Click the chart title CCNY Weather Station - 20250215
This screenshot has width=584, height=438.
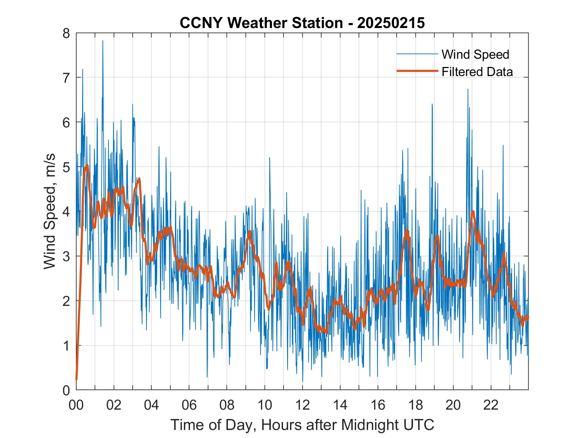[x=302, y=23]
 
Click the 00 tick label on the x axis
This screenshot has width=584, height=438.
[x=76, y=405]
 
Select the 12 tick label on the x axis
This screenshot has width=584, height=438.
[x=302, y=405]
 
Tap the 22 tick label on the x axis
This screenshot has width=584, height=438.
[x=491, y=405]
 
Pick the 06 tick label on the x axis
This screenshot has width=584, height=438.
[x=189, y=405]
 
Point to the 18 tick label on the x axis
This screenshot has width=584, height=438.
[x=415, y=405]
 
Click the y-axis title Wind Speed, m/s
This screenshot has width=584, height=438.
[x=49, y=211]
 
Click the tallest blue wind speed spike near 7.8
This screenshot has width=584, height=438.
[x=103, y=41]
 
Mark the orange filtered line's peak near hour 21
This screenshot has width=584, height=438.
[x=473, y=211]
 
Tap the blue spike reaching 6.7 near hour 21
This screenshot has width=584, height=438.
[x=468, y=89]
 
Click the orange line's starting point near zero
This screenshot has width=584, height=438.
[x=76, y=379]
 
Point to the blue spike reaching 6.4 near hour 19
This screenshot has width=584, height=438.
[x=432, y=104]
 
